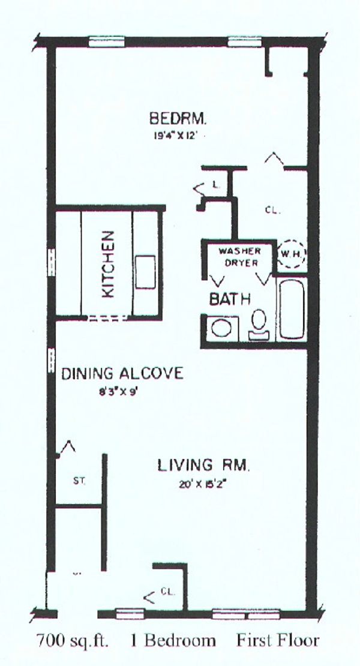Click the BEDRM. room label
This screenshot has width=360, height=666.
(178, 118)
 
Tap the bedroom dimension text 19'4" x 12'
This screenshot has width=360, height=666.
(176, 136)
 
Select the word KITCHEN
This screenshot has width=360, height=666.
(108, 264)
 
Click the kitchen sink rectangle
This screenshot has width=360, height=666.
(145, 272)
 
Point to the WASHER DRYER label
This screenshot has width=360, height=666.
(239, 257)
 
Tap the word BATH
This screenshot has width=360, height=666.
(230, 299)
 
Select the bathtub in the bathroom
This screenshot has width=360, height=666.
(292, 308)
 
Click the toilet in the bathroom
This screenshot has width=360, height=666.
(259, 324)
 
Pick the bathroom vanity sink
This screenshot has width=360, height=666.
(222, 328)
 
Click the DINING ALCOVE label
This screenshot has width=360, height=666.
(122, 373)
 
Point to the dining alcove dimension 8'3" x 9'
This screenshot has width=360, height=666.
(117, 392)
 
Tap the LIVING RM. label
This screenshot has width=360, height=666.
(204, 465)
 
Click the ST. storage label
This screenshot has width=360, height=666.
(79, 482)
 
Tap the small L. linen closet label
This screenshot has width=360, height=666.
(217, 185)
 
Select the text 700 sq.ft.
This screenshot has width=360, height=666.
(73, 640)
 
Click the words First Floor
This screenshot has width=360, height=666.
(278, 640)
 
